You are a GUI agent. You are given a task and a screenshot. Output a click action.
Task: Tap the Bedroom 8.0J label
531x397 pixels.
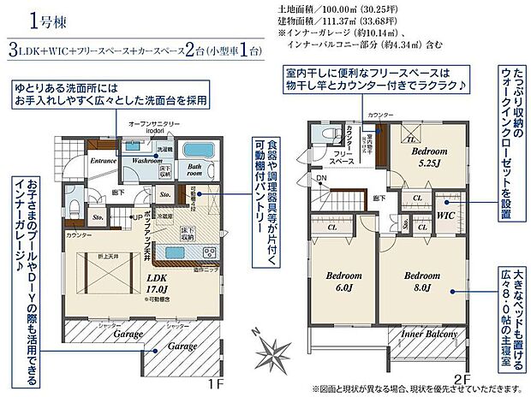[423, 281]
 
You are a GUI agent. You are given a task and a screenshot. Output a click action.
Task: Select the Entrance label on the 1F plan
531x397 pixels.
[104, 160]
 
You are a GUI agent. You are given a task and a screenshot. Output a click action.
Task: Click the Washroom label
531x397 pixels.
[147, 160]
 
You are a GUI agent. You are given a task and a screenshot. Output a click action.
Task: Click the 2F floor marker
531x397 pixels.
[462, 377]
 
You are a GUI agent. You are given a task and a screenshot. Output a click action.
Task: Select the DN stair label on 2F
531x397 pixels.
[321, 178]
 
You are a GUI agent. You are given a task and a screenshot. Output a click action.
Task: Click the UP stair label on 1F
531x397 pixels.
[135, 216]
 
